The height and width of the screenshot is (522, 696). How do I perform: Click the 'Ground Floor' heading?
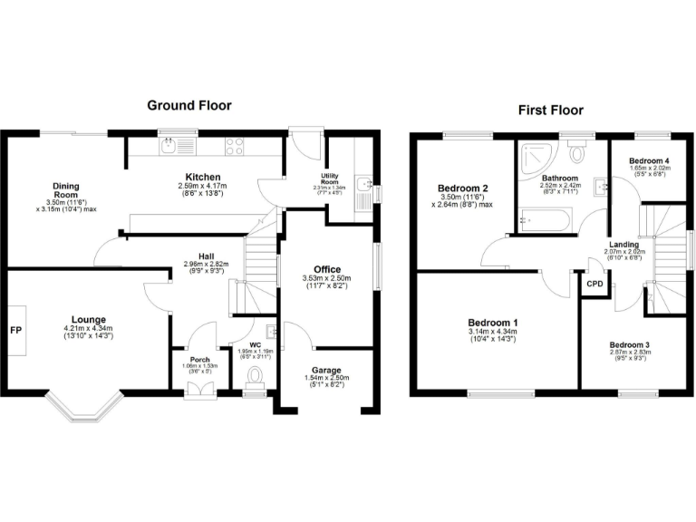pos(189,105)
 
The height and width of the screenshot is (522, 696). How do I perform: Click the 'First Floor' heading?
pos(550,111)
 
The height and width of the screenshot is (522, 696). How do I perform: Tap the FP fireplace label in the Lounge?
pos(15,330)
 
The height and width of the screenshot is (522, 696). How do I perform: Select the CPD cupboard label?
pos(594,284)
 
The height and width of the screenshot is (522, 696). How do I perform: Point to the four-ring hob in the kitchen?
pos(233,145)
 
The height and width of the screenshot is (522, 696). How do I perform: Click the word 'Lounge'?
pos(90,319)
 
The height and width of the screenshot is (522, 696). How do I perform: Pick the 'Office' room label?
pos(327,269)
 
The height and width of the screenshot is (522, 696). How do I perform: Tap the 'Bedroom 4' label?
pos(649,160)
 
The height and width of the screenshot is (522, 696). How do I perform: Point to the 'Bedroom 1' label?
pos(493,323)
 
